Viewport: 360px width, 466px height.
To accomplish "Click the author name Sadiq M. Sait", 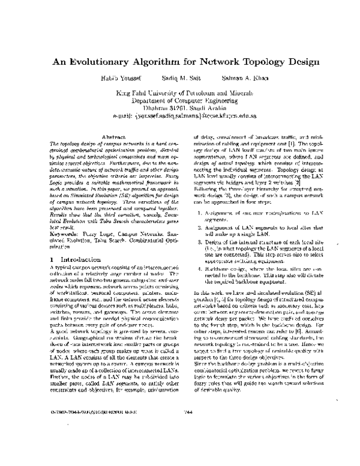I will (x=182, y=78).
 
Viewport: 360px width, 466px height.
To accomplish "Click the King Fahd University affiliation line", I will (x=179, y=94).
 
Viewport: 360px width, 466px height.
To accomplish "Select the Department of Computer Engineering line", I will (x=179, y=101).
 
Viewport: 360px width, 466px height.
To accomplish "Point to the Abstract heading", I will (x=113, y=138).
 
